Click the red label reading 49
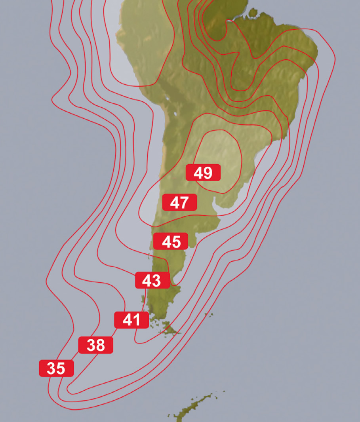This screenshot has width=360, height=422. point(203,173)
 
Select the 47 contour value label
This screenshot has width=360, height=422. point(179,202)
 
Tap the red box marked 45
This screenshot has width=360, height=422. point(171,241)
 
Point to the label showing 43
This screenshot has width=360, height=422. point(152,280)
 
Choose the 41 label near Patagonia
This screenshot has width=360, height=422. point(131,320)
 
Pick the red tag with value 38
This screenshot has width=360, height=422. point(95,345)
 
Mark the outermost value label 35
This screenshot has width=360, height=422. point(56,368)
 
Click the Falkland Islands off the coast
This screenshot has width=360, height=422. point(209,314)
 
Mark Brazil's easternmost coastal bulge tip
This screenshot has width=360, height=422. point(317,51)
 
